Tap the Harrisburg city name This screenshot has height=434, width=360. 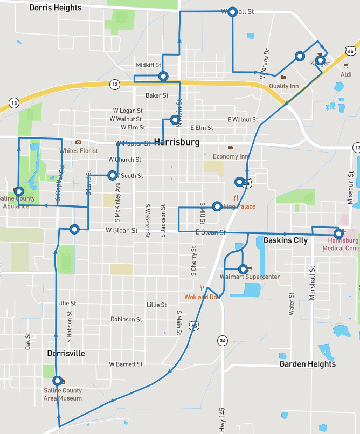177,142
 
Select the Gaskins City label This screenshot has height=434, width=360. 286,239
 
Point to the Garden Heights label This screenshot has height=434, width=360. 307,364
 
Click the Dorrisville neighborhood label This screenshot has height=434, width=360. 66,353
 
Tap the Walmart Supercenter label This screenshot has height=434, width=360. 250,277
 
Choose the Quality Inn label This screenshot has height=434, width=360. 283,86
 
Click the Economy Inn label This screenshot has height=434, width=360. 230,156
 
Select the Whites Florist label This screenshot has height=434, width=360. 79,151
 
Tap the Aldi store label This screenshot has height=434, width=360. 347,74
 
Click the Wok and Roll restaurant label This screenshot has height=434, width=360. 203,297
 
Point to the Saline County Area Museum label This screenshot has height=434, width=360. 63,394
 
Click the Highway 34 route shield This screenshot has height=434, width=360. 222,340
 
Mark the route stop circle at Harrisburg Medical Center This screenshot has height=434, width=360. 338,233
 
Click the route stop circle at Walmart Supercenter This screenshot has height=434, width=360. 243,268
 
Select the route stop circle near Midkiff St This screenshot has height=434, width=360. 163,77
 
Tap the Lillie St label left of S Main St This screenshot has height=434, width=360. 156,305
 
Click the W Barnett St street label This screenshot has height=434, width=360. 126,364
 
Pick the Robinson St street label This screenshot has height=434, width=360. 126,319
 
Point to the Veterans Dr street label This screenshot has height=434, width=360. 265,64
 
